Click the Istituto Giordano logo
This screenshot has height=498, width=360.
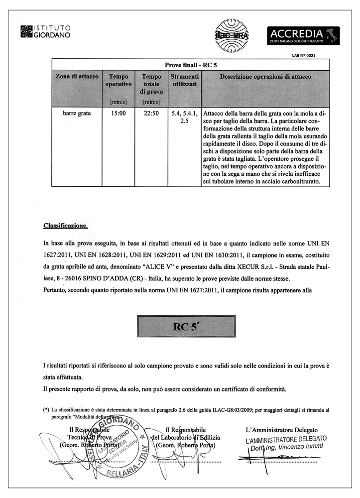[x=45, y=31]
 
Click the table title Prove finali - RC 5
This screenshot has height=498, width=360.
[x=191, y=65]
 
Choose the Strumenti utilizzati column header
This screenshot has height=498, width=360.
[x=185, y=81]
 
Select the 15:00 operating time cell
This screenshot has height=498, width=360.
[x=119, y=113]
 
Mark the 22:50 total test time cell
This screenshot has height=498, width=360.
[x=151, y=113]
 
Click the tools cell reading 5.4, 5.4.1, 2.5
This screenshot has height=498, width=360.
[x=185, y=117]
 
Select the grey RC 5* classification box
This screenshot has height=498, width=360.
[x=191, y=327]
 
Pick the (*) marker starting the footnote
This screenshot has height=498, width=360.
[x=46, y=409]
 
